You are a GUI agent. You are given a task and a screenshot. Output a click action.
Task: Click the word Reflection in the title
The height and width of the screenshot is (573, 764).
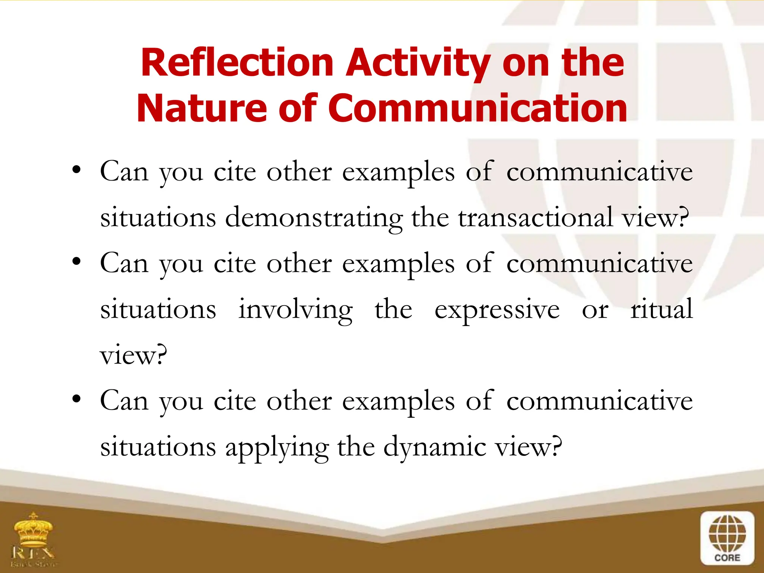point(237,62)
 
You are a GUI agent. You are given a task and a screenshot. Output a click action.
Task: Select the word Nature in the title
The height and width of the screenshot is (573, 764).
point(202,108)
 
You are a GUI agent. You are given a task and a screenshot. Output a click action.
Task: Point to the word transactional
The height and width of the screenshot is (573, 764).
point(536,217)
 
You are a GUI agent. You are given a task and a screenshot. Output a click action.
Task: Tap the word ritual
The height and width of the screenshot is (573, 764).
point(661,309)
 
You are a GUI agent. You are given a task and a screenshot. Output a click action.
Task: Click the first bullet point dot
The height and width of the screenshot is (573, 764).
point(76,170)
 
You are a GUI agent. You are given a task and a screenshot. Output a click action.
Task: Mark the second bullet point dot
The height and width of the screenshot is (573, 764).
point(76,262)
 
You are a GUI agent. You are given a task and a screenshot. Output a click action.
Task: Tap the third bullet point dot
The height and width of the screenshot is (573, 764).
point(76,400)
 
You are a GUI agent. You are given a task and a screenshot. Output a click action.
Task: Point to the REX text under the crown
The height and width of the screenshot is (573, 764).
point(34,552)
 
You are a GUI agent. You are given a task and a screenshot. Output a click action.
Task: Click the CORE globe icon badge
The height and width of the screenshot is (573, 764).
point(727,538)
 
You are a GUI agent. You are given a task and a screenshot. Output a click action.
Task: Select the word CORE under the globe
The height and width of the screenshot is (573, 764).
point(727,558)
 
